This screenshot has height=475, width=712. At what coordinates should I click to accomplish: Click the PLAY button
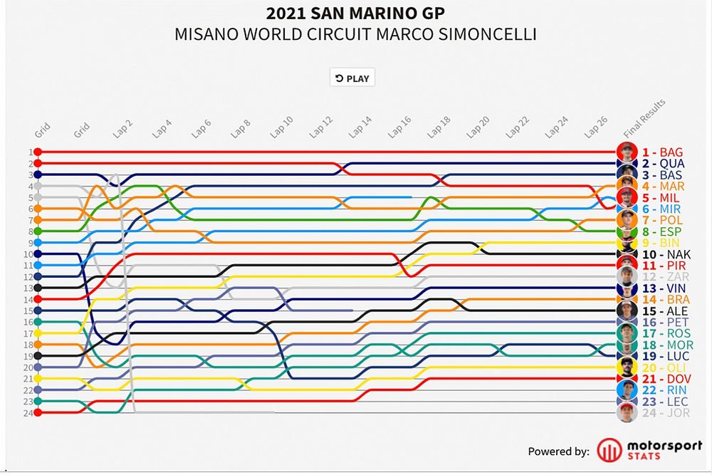(x=352, y=78)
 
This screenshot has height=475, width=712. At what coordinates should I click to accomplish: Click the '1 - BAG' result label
(x=662, y=152)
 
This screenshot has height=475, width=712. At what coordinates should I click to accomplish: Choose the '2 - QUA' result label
(x=663, y=164)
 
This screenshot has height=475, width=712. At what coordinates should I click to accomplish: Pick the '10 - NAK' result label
(x=666, y=254)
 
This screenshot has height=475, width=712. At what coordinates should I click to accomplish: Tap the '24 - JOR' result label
(x=662, y=413)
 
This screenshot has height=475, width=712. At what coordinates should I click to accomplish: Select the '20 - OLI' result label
(x=662, y=367)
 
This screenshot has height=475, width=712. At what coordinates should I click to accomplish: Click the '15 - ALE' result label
(x=664, y=311)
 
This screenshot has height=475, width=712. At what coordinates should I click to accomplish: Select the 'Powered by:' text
(x=558, y=451)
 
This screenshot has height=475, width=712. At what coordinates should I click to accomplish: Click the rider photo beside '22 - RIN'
(x=627, y=390)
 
